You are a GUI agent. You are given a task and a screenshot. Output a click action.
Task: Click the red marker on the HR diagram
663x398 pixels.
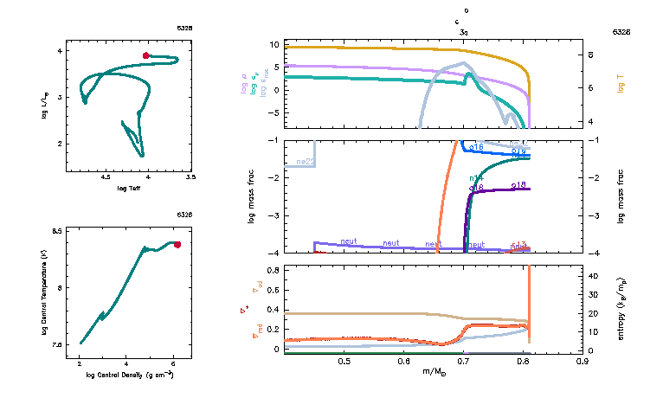[x=146, y=55]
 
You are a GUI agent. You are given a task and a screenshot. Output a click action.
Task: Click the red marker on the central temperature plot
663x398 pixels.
[x=177, y=245]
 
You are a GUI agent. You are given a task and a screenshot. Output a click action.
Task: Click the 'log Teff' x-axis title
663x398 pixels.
[x=129, y=188]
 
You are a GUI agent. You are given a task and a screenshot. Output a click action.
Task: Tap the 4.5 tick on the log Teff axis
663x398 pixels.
[x=106, y=177]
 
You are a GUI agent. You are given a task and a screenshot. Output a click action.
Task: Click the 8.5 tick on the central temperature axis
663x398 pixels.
[x=57, y=232]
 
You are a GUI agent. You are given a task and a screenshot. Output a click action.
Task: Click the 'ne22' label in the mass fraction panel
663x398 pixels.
[x=305, y=162]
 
